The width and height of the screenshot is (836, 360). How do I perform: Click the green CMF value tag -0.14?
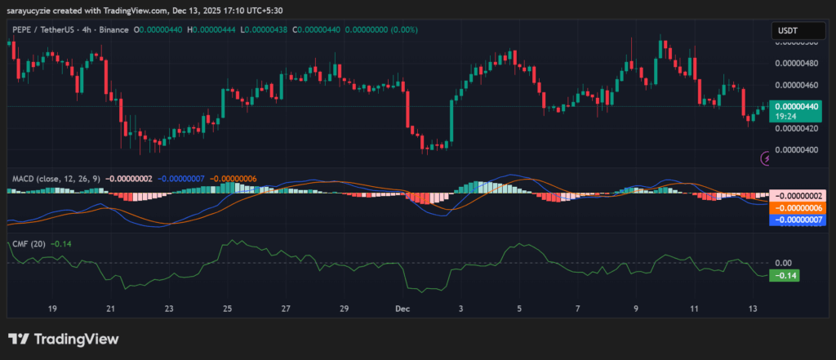coord(785,275)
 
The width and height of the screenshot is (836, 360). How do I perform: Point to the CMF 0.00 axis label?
coord(783,263)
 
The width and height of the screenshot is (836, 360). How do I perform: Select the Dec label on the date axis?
coord(402,309)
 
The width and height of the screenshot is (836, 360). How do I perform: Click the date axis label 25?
coord(227,309)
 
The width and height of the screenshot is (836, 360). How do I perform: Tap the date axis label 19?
coord(52,309)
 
